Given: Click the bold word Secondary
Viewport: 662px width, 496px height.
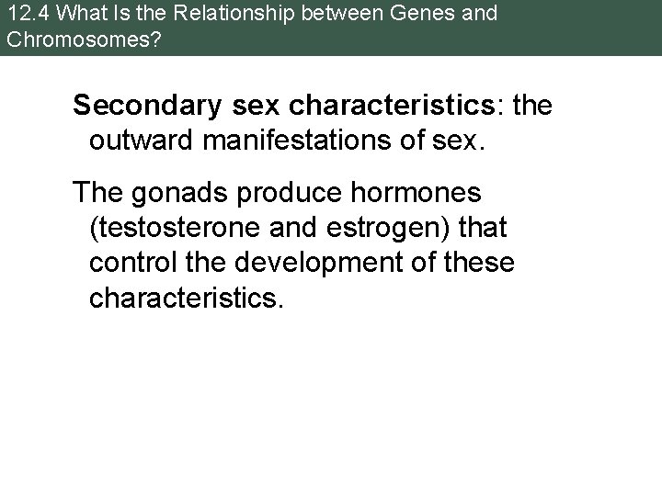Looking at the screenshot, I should pyautogui.click(x=144, y=106).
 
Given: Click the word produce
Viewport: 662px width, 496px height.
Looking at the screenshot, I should pyautogui.click(x=275, y=193).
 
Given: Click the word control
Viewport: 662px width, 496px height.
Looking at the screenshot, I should pyautogui.click(x=125, y=263).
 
